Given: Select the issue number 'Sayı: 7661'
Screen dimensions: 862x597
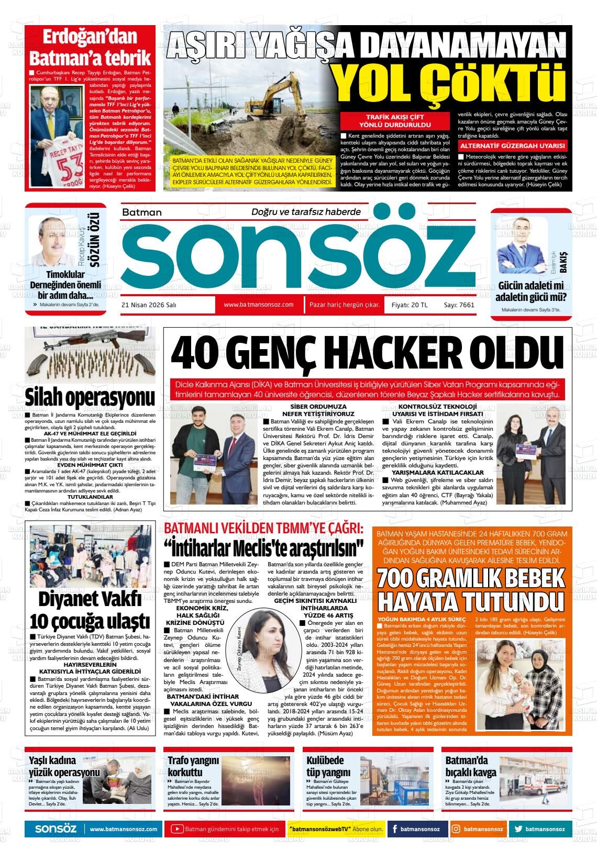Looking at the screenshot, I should (459, 305).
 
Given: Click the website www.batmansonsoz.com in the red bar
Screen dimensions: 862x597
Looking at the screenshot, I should (258, 305).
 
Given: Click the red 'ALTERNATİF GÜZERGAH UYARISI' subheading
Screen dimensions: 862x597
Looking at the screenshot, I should (512, 146).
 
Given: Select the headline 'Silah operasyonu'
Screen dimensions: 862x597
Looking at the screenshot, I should (90, 397).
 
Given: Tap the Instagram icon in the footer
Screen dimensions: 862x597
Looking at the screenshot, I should (456, 829).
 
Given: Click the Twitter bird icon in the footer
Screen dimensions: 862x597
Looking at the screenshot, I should (518, 829).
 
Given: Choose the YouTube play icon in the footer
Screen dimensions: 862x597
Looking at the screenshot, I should (177, 829).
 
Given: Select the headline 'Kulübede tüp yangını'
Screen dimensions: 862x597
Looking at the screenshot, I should (325, 766).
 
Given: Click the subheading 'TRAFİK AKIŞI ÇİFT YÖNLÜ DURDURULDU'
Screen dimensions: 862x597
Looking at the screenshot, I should (394, 121).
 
